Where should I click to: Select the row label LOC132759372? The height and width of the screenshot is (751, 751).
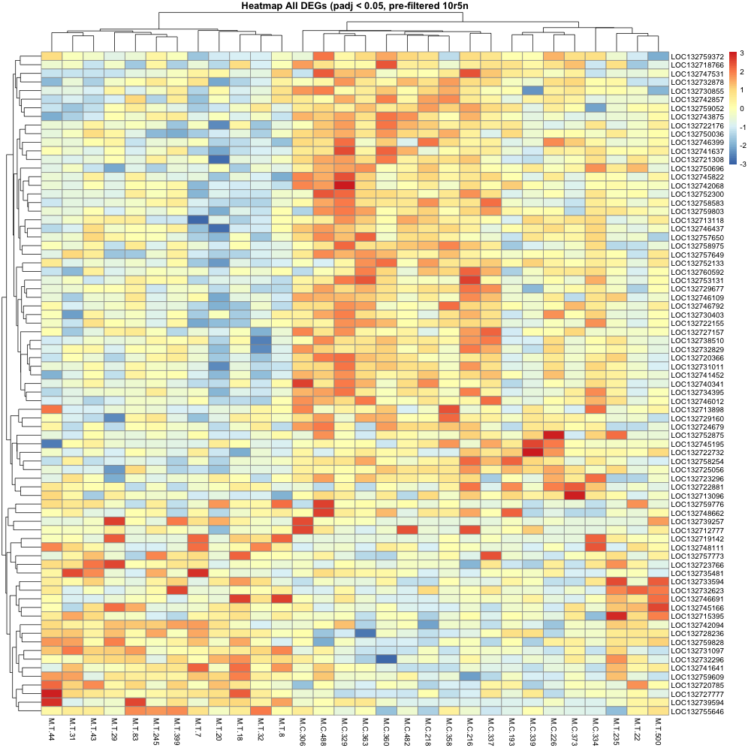tap(697, 56)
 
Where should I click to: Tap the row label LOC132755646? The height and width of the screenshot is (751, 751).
tap(697, 711)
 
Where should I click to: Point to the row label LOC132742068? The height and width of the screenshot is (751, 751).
tap(697, 185)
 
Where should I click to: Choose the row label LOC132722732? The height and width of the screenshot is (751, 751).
tap(697, 452)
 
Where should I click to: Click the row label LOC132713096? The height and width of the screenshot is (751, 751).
tap(697, 495)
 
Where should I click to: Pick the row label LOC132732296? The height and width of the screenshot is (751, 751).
tap(697, 659)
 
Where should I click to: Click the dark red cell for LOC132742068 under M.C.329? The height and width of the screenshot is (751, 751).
tap(345, 185)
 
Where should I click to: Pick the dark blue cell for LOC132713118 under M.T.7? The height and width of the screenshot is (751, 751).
tap(198, 220)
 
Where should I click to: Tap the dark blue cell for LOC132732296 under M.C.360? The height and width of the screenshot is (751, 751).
tap(386, 659)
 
